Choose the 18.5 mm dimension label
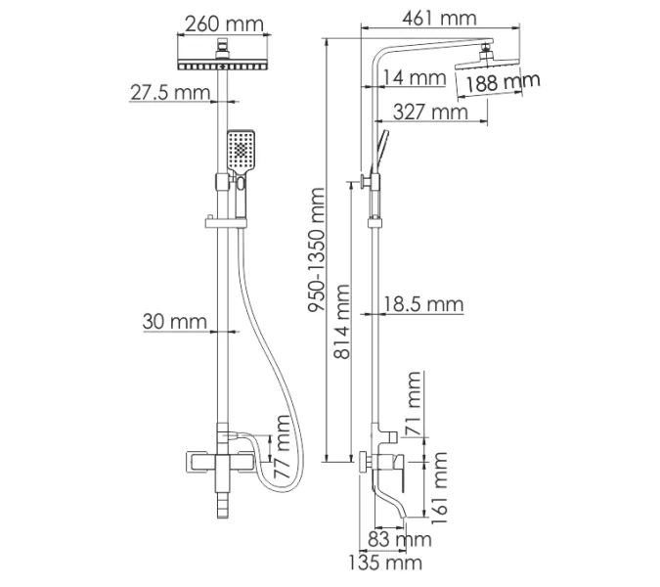(x=422, y=304)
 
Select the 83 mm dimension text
(x=400, y=538)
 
